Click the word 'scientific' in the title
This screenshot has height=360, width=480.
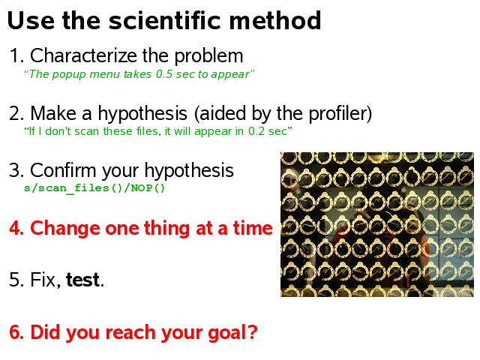tap(165, 20)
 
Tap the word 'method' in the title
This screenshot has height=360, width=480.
tap(275, 20)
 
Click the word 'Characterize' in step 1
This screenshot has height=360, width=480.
tap(83, 55)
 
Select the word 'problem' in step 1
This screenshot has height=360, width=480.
tap(208, 56)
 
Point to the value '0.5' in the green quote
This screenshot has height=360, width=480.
tap(164, 74)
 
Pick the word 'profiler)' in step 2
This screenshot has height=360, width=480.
tap(340, 114)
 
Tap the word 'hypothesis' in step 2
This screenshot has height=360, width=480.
tap(142, 114)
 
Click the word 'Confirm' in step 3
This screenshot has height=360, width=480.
tap(63, 170)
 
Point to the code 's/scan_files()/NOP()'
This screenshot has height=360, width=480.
tap(94, 187)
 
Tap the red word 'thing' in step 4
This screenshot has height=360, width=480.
tap(167, 229)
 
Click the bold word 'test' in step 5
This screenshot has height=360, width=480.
tap(82, 280)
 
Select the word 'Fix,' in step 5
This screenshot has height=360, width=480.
tap(46, 280)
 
